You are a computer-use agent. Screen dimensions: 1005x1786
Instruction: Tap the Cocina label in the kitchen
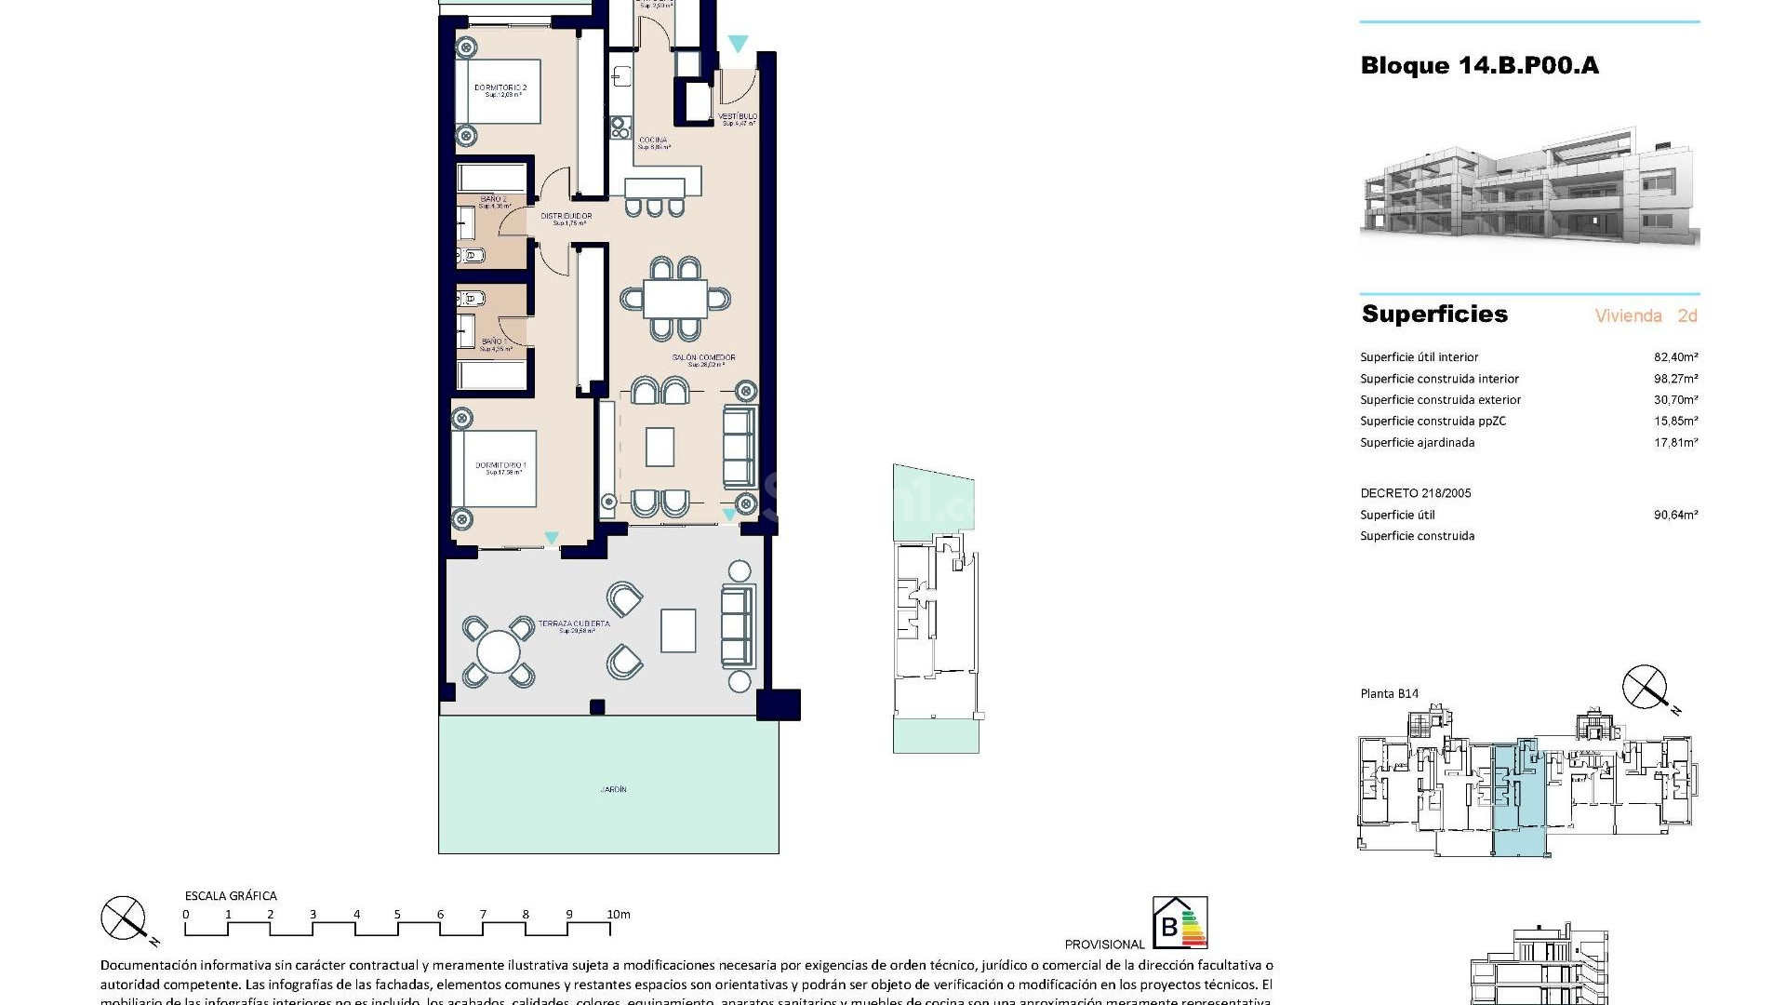(x=653, y=141)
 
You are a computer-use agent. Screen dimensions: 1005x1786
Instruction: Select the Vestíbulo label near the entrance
(x=738, y=117)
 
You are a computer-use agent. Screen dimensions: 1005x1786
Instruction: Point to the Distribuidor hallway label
(x=566, y=217)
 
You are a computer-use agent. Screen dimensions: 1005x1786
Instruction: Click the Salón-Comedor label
(x=704, y=358)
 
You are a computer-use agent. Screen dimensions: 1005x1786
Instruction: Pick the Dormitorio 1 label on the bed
(x=501, y=465)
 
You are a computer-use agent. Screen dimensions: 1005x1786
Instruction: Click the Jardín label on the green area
(x=613, y=790)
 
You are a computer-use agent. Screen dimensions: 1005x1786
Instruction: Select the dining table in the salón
(x=674, y=300)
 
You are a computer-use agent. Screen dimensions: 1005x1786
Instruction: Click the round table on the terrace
(x=499, y=651)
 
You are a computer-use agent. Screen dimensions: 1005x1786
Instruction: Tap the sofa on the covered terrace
(x=739, y=627)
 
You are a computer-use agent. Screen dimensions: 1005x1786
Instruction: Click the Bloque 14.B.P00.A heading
(x=1479, y=66)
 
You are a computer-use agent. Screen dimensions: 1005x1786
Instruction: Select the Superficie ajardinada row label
(x=1417, y=443)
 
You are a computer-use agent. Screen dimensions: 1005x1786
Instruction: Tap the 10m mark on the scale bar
(x=619, y=915)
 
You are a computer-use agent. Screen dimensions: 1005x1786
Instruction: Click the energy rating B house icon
(x=1179, y=923)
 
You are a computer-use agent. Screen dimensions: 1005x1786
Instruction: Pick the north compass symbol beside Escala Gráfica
(x=125, y=918)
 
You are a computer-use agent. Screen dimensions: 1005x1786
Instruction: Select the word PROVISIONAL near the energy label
(x=1104, y=945)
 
